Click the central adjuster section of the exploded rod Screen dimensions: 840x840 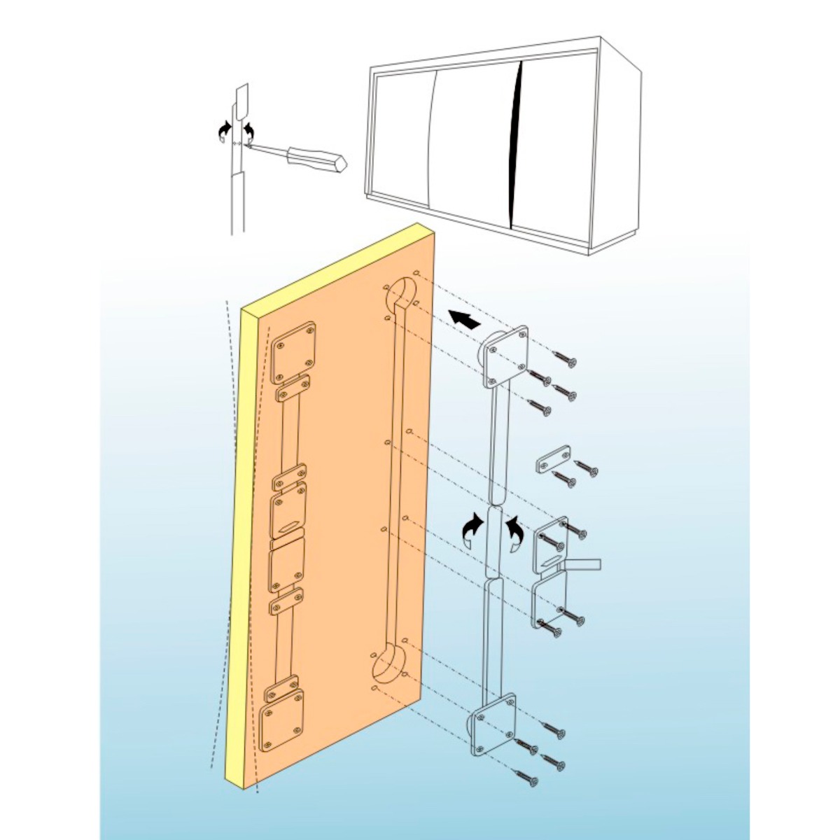[x=493, y=542]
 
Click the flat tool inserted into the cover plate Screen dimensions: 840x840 [x=581, y=564]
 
